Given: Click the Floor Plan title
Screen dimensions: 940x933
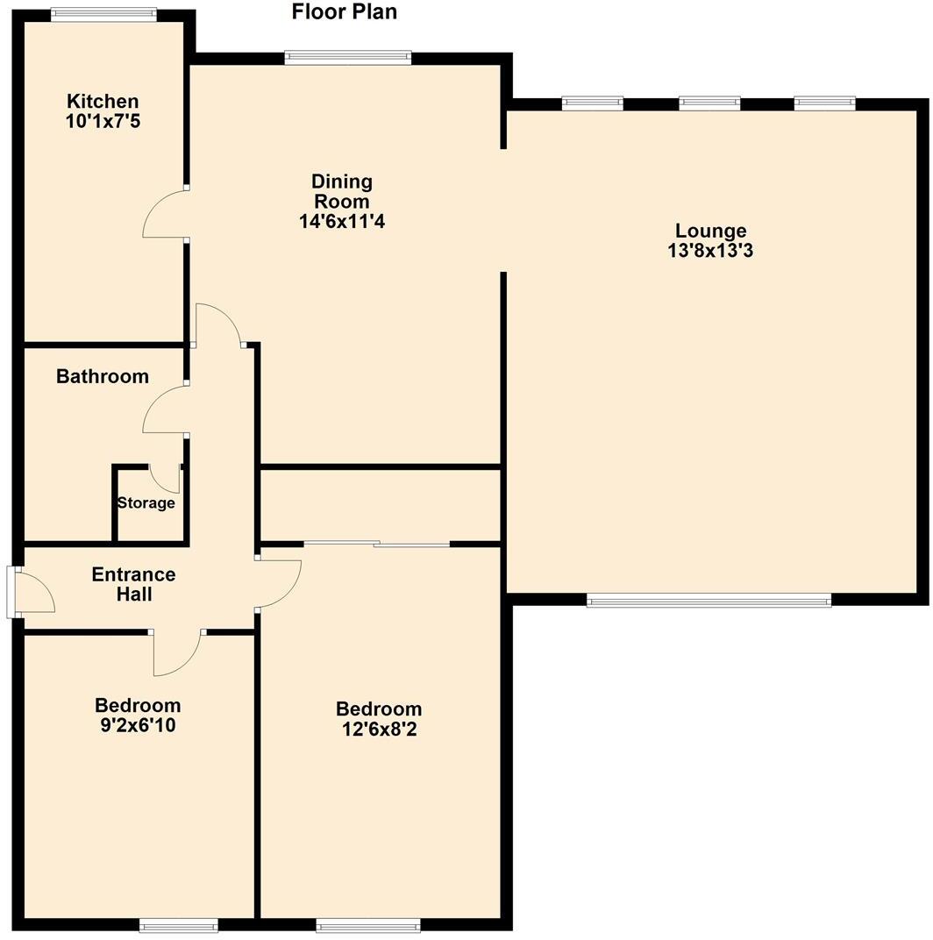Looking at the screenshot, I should click(344, 11).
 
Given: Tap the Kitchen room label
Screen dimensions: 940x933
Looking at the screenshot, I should click(103, 102).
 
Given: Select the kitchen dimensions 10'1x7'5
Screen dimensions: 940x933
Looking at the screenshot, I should click(103, 121).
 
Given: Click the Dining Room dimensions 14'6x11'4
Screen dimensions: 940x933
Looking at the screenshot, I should click(342, 222).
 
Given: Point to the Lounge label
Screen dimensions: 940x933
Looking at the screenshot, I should click(710, 231).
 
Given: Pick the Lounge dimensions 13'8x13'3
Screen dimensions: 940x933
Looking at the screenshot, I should click(710, 251).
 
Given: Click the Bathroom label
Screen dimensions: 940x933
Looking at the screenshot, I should click(103, 376).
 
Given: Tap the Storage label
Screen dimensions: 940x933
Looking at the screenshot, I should click(146, 503).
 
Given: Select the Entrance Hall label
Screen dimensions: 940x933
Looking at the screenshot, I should click(134, 585).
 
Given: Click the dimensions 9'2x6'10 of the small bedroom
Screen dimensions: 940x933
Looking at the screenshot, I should click(138, 725).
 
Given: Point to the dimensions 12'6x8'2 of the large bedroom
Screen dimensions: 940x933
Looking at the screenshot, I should click(379, 729).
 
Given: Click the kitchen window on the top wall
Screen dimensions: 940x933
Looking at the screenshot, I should click(103, 14).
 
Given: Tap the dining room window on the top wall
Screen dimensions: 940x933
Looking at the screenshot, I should click(348, 58).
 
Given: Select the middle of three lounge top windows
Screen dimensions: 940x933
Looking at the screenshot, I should click(709, 103).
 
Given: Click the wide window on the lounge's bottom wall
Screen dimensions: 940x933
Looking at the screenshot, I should click(709, 601).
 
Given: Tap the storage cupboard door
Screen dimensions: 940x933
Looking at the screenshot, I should click(165, 477).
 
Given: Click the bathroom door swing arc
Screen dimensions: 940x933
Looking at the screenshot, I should click(163, 410).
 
